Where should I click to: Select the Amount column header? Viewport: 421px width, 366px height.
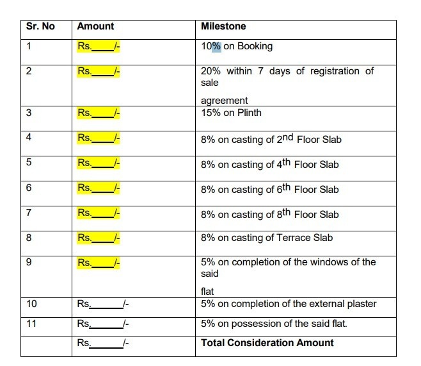coord(95,26)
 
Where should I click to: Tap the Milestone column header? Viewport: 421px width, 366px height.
coord(223,26)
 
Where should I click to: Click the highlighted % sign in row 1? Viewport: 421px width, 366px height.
coord(216,46)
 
